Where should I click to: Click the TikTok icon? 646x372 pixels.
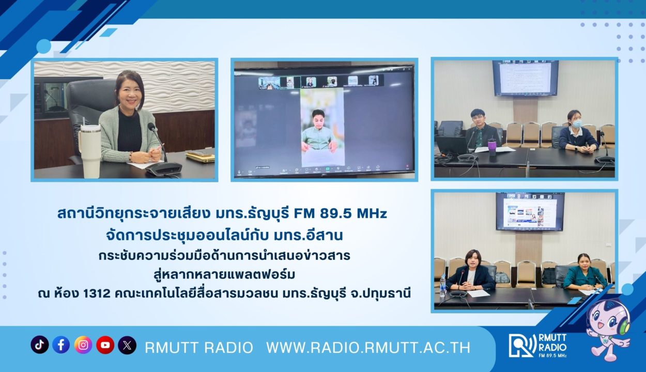tap(39, 345)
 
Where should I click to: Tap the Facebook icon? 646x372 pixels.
tap(61, 345)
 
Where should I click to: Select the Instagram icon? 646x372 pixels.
tap(83, 345)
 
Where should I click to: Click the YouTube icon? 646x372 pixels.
tap(105, 345)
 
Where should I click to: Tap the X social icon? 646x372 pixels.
tap(127, 345)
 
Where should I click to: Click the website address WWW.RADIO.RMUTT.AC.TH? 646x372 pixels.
tap(368, 348)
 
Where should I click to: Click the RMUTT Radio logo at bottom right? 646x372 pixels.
tap(537, 346)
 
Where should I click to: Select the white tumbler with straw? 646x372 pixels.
tap(89, 149)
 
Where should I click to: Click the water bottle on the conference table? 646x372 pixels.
tap(443, 286)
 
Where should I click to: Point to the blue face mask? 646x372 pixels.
tap(577, 123)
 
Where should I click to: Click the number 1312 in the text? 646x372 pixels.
tap(97, 293)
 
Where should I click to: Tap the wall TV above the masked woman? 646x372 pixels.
tap(525, 78)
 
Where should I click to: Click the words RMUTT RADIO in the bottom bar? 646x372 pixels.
tap(199, 348)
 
